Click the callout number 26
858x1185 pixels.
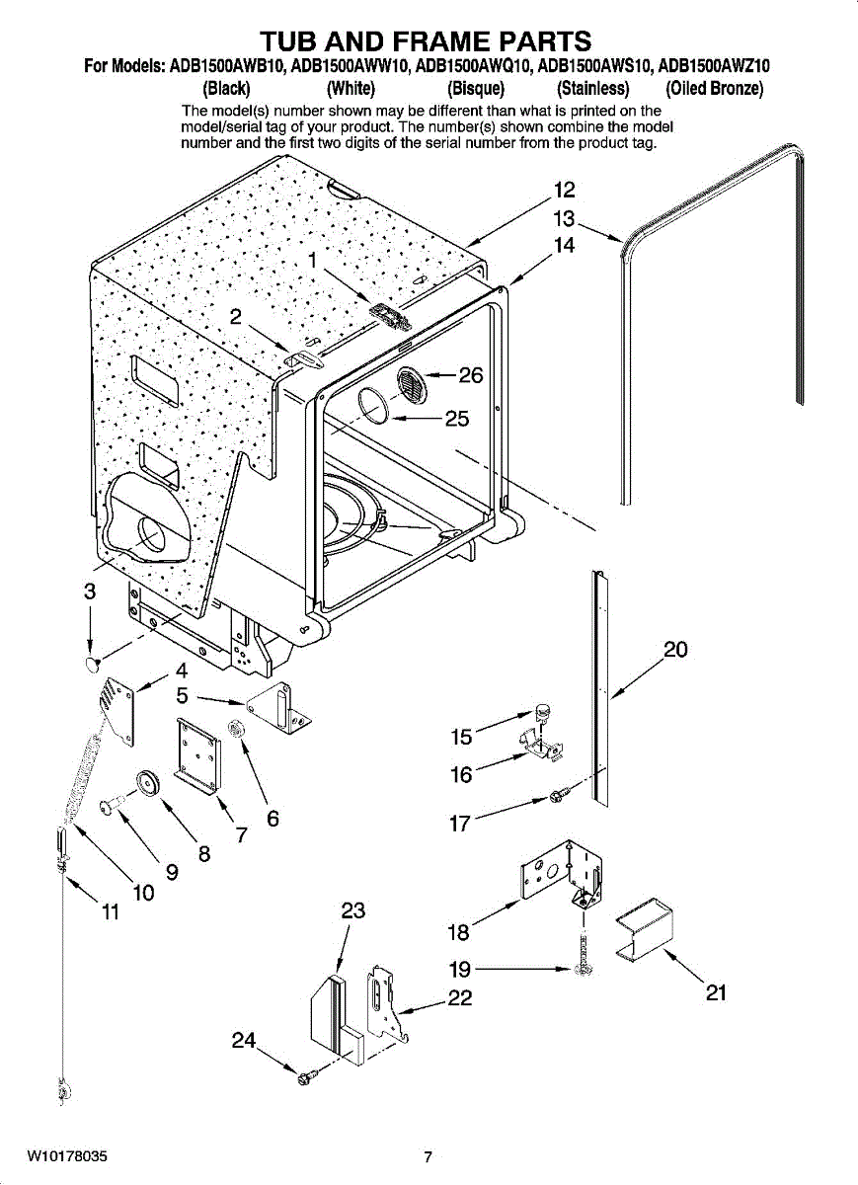tap(471, 375)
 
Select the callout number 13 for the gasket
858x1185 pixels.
tap(564, 219)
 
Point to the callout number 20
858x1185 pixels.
tap(675, 650)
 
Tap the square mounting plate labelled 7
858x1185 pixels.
tap(198, 750)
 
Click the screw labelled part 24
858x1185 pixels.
tap(304, 1075)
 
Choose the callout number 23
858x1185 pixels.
tap(352, 910)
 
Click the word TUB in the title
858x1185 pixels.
tap(291, 40)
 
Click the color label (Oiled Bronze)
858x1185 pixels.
tap(715, 89)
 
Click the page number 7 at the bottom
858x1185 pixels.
tap(428, 1157)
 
